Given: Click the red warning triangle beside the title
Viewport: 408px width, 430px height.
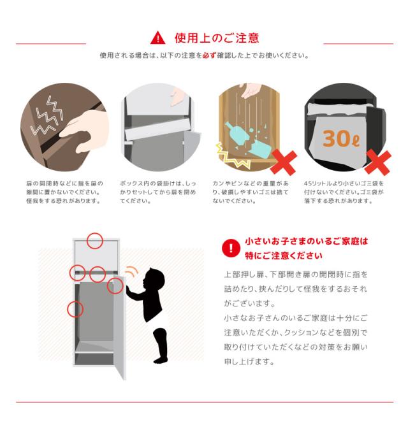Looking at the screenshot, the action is (x=157, y=38).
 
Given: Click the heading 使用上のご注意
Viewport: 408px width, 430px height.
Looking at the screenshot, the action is (x=217, y=38).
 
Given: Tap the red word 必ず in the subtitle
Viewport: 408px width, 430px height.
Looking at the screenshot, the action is (x=209, y=55).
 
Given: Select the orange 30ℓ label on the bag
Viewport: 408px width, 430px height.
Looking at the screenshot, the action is (x=341, y=138).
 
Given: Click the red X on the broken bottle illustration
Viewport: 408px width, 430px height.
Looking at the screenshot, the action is (x=284, y=162).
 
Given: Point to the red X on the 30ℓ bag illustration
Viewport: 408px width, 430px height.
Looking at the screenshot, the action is (x=378, y=162).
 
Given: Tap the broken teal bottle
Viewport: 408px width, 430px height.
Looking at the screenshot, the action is (x=245, y=141).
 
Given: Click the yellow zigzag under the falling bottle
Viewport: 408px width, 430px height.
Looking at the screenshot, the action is (x=232, y=156).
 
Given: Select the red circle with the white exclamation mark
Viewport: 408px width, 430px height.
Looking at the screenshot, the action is (x=231, y=248).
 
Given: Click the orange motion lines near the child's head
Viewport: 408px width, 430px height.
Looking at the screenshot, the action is (x=132, y=271).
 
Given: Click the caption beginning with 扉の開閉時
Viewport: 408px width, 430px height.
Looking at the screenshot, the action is (x=64, y=192).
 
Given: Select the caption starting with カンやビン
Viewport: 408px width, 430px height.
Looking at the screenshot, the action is (x=251, y=192).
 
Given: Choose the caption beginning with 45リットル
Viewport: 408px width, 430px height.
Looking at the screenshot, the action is (x=344, y=192).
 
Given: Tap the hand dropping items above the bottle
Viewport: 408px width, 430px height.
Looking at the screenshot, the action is (x=251, y=90).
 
